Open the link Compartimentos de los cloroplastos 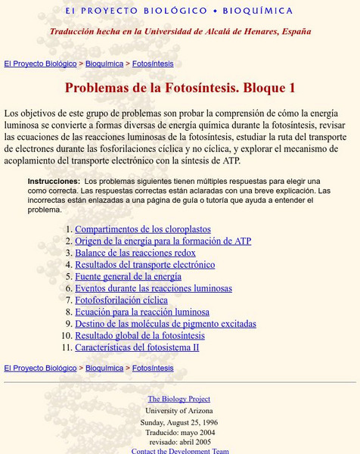[143, 229]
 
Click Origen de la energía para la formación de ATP [163, 241]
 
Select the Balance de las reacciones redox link [135, 253]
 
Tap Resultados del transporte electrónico [145, 265]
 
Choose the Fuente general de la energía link [129, 277]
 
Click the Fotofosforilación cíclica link [122, 300]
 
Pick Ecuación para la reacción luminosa [142, 312]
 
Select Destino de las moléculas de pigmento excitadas [166, 324]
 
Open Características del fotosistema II [137, 347]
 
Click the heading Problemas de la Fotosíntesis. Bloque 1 [180, 88]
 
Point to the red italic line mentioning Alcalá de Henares [180, 32]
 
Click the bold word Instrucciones [54, 182]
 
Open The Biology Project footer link [179, 399]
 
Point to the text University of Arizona [179, 410]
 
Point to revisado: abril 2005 [179, 441]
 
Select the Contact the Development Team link [179, 450]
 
